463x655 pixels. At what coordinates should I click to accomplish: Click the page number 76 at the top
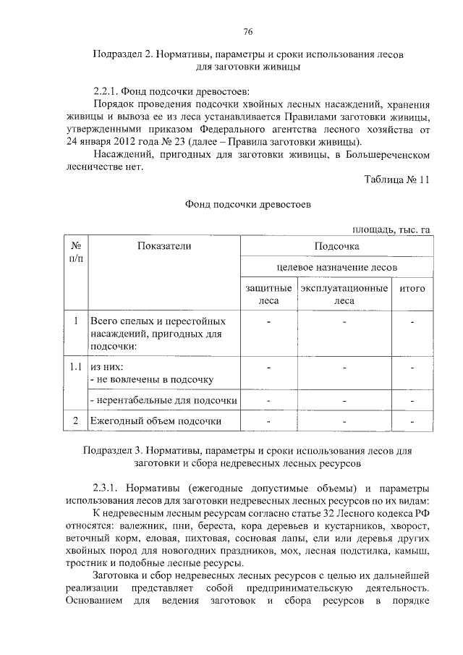(247, 31)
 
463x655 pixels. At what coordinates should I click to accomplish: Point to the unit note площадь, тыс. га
(391, 230)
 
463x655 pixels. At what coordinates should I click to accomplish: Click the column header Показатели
(163, 246)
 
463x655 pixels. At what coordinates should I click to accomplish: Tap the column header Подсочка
(336, 246)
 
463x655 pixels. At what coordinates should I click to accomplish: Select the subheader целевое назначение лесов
(336, 267)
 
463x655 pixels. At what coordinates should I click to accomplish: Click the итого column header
(412, 289)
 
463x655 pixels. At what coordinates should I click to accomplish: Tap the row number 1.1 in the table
(75, 367)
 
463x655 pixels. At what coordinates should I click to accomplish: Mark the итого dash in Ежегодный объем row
(412, 421)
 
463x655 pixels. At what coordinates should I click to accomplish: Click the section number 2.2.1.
(109, 90)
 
